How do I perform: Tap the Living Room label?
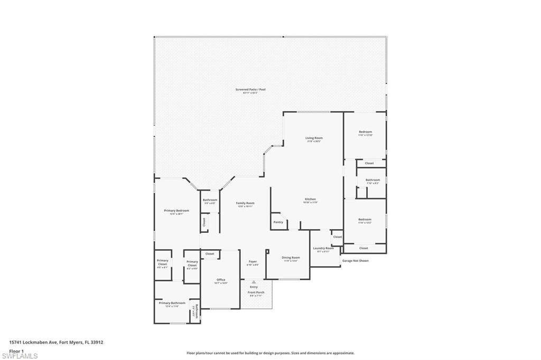[x=314, y=138]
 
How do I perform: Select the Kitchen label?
[x=310, y=200]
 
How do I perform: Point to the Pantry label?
[x=278, y=222]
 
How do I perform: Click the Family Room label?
[x=246, y=203]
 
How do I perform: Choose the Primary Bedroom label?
[x=176, y=211]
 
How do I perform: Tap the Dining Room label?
[x=291, y=258]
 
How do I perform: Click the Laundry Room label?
[x=323, y=248]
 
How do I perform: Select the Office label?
[x=221, y=280]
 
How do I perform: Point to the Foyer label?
[x=253, y=262]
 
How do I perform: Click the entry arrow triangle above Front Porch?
[x=254, y=282]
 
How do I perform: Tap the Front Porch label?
[x=256, y=292]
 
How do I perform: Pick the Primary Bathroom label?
[x=172, y=303]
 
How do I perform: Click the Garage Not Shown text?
[x=356, y=260]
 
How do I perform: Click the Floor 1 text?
[x=16, y=350]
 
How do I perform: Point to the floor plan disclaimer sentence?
[x=270, y=353]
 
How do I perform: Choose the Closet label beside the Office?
[x=210, y=254]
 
